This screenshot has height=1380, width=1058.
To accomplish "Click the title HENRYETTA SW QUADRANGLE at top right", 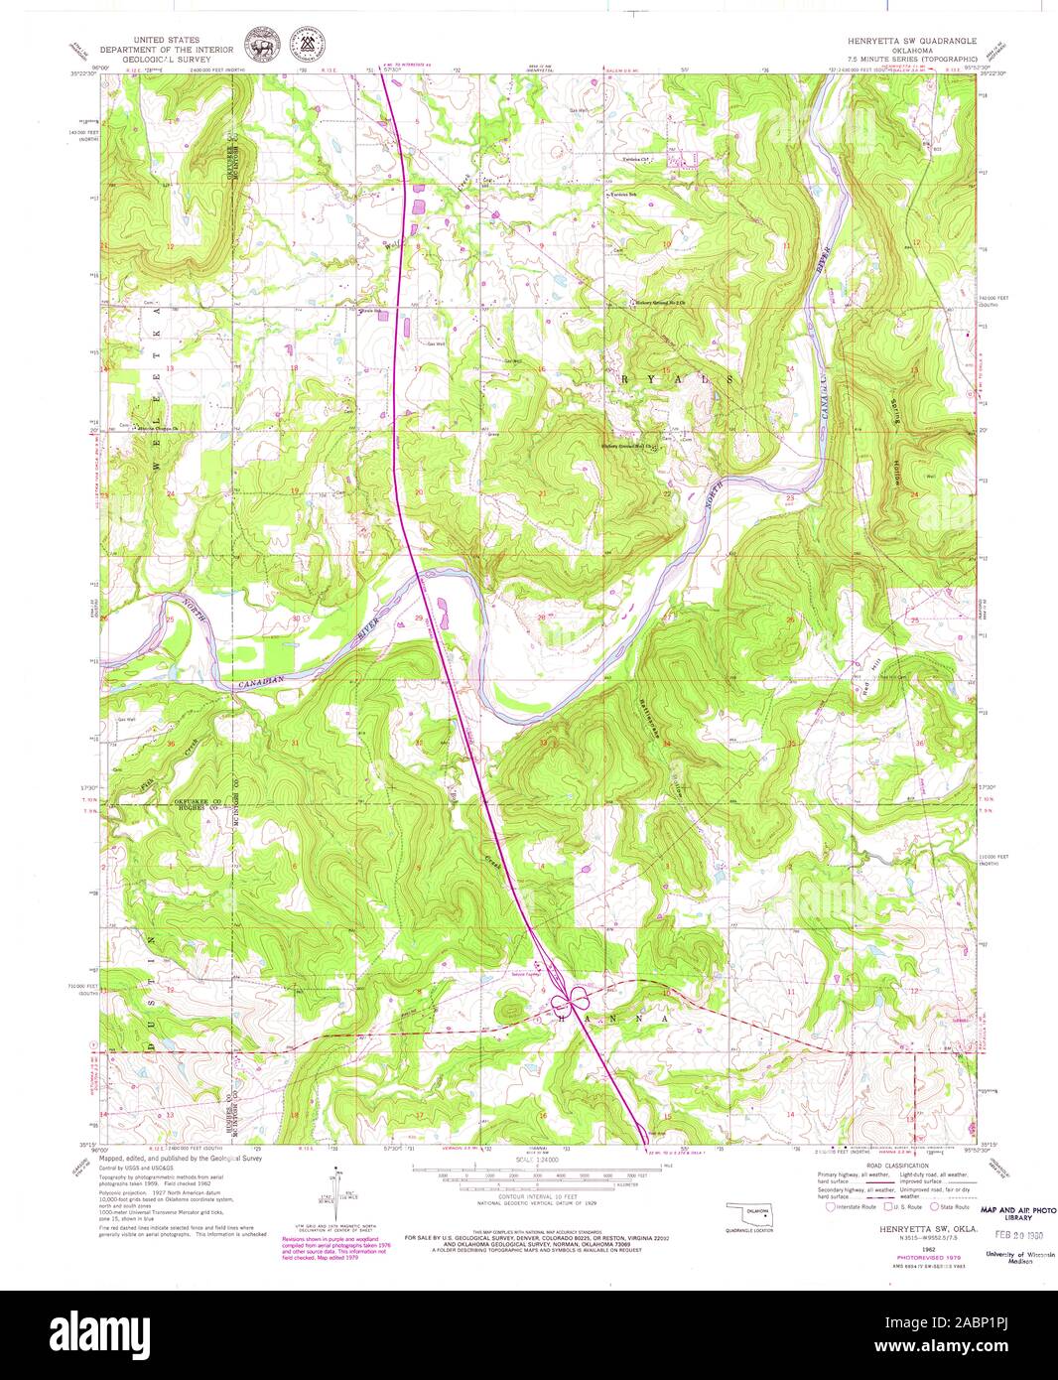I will tap(910, 42).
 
